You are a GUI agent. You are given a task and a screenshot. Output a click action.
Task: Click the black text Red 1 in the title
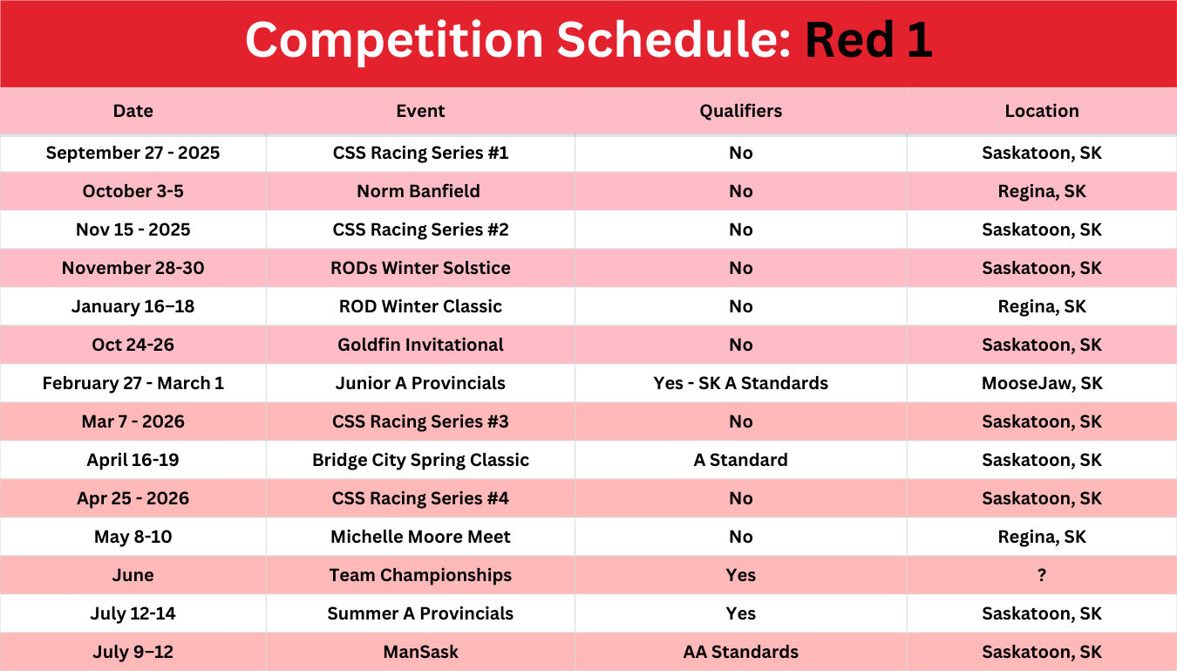(x=868, y=40)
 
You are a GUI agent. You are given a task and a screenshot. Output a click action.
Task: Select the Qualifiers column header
(x=740, y=111)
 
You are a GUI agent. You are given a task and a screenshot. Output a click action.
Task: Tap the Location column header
(x=1042, y=111)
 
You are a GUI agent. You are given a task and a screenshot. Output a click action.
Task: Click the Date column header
(x=133, y=111)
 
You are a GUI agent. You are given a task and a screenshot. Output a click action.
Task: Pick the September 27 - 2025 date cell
(x=133, y=153)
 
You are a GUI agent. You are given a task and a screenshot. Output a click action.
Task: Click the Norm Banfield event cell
(x=418, y=191)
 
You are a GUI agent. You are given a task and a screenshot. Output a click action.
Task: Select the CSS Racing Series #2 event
(x=420, y=229)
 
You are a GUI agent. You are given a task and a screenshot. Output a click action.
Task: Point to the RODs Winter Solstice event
(x=420, y=268)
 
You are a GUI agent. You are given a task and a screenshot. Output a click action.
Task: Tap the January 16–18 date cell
(x=133, y=306)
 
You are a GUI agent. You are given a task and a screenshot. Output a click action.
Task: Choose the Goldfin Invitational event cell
(x=420, y=345)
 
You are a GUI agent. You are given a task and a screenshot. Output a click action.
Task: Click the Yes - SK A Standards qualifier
(x=740, y=383)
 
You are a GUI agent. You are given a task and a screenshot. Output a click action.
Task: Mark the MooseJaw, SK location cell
(x=1042, y=383)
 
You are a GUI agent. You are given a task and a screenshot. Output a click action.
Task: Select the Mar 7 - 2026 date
(x=133, y=421)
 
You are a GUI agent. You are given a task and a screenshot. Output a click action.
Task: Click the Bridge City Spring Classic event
(x=420, y=460)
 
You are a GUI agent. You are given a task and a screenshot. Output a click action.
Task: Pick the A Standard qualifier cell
(x=740, y=460)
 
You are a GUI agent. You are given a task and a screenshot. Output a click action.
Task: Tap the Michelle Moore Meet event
(x=420, y=537)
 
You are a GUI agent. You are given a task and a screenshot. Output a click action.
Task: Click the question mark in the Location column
(x=1042, y=575)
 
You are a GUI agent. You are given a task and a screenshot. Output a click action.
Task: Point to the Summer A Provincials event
(x=420, y=613)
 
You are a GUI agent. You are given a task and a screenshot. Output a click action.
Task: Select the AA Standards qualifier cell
(x=740, y=652)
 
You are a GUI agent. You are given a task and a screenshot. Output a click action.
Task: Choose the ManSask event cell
(x=420, y=652)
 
